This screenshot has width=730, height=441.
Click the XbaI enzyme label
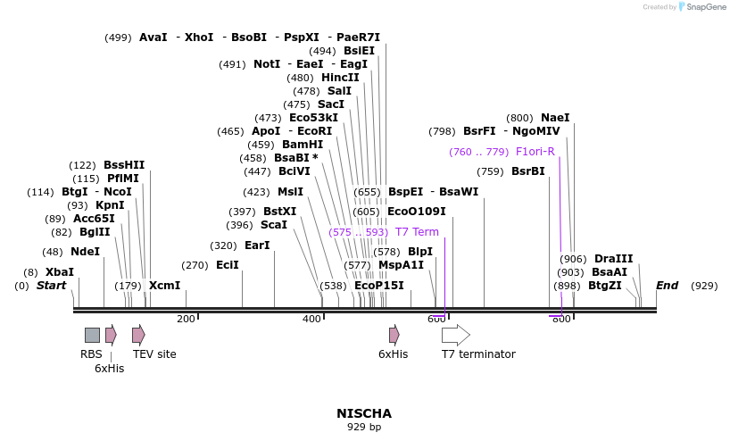[x=60, y=272]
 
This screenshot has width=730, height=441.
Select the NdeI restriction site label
[x=85, y=252]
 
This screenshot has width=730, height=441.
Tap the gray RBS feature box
[x=92, y=335]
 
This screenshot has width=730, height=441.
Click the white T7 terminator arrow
[x=455, y=335]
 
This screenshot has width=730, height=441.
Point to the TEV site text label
[x=154, y=354]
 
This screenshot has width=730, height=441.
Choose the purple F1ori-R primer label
[x=535, y=152]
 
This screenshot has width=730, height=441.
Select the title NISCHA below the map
[x=364, y=413]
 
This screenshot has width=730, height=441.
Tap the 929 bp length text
[x=364, y=427]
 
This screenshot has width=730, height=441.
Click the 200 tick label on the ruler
[x=186, y=319]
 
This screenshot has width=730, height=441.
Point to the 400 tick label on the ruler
[x=311, y=319]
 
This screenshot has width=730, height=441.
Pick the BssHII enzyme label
[x=124, y=165]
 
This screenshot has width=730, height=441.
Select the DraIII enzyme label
[x=613, y=259]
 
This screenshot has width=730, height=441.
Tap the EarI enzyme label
[x=257, y=245]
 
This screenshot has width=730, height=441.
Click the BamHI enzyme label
[x=303, y=145]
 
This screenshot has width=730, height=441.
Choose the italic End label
[x=667, y=286]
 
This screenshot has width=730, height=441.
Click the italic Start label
[x=51, y=286]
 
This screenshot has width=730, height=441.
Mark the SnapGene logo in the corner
[x=700, y=7]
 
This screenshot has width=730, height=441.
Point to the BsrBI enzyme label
[x=527, y=171]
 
